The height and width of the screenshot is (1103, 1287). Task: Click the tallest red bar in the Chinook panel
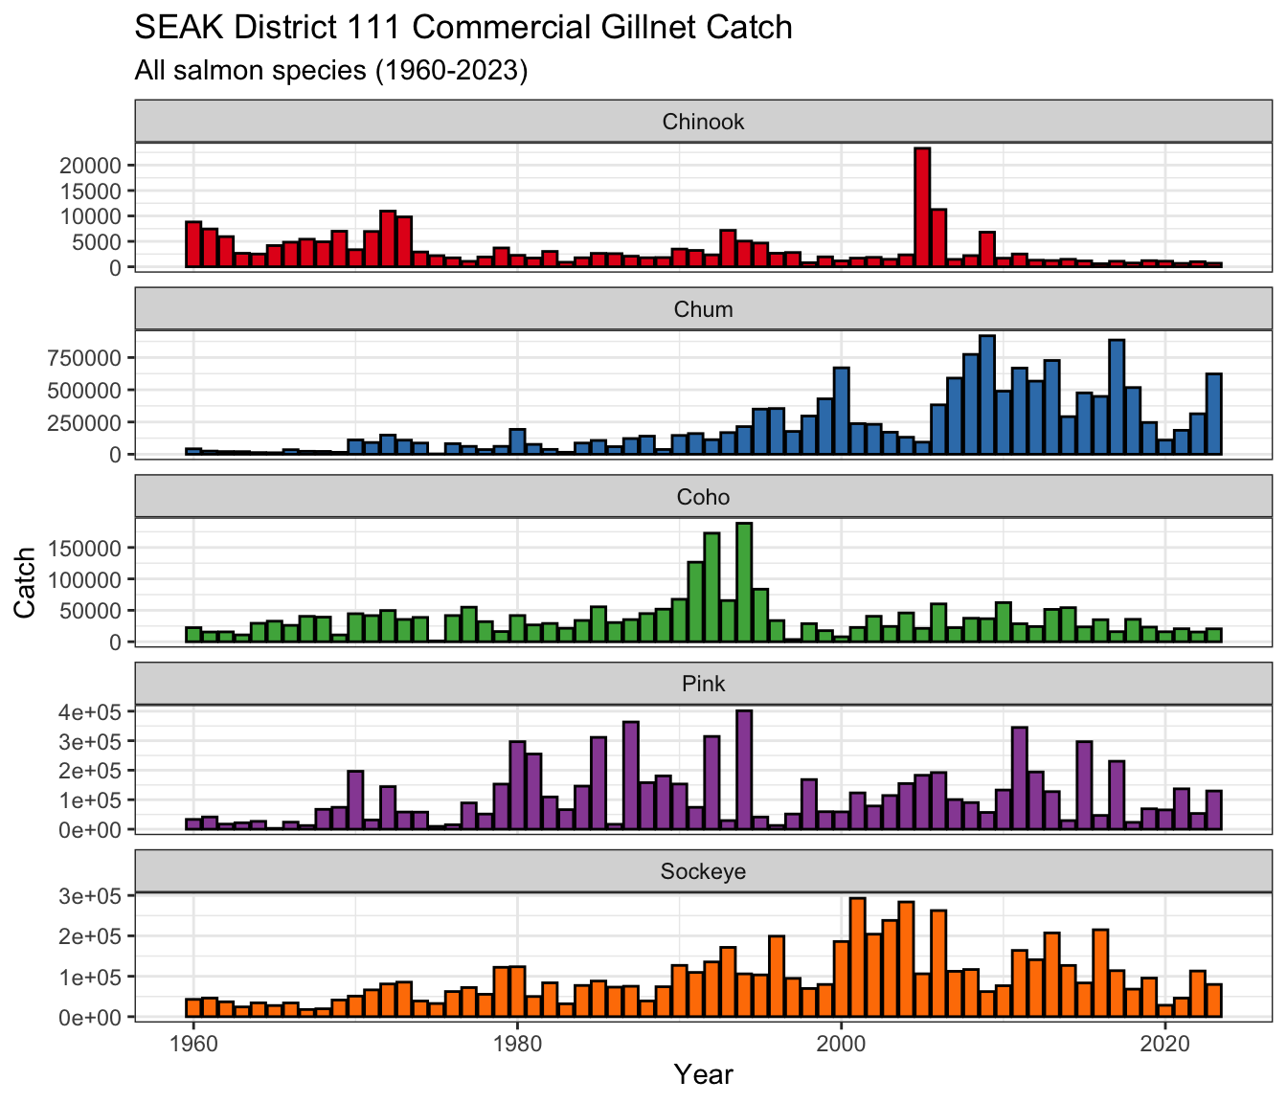(x=922, y=207)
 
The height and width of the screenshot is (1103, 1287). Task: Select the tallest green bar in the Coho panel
(x=744, y=582)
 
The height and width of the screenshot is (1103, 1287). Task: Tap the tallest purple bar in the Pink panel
(x=744, y=770)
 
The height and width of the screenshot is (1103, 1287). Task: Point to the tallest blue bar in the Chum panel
(x=987, y=394)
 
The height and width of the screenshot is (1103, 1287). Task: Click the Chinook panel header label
(x=703, y=122)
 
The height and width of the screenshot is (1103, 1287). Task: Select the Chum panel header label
(x=703, y=309)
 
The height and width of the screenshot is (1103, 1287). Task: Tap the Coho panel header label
(x=703, y=497)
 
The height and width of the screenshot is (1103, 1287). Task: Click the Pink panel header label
(x=703, y=684)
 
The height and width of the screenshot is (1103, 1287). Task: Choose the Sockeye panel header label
(x=703, y=871)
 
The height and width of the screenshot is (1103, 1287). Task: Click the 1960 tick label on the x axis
(x=193, y=1044)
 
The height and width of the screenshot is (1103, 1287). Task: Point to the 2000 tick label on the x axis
(x=841, y=1044)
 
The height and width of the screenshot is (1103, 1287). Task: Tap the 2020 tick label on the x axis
(x=1165, y=1044)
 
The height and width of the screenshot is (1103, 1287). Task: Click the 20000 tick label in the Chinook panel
(x=90, y=165)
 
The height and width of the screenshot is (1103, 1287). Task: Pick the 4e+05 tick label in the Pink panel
(x=90, y=712)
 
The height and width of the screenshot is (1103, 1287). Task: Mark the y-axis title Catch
(x=25, y=583)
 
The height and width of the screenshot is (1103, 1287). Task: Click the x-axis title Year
(x=704, y=1075)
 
